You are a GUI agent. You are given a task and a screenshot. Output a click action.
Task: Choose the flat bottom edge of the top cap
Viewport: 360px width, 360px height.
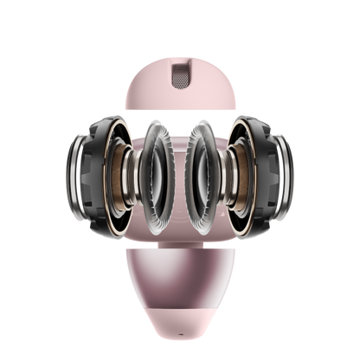click(x=180, y=106)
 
